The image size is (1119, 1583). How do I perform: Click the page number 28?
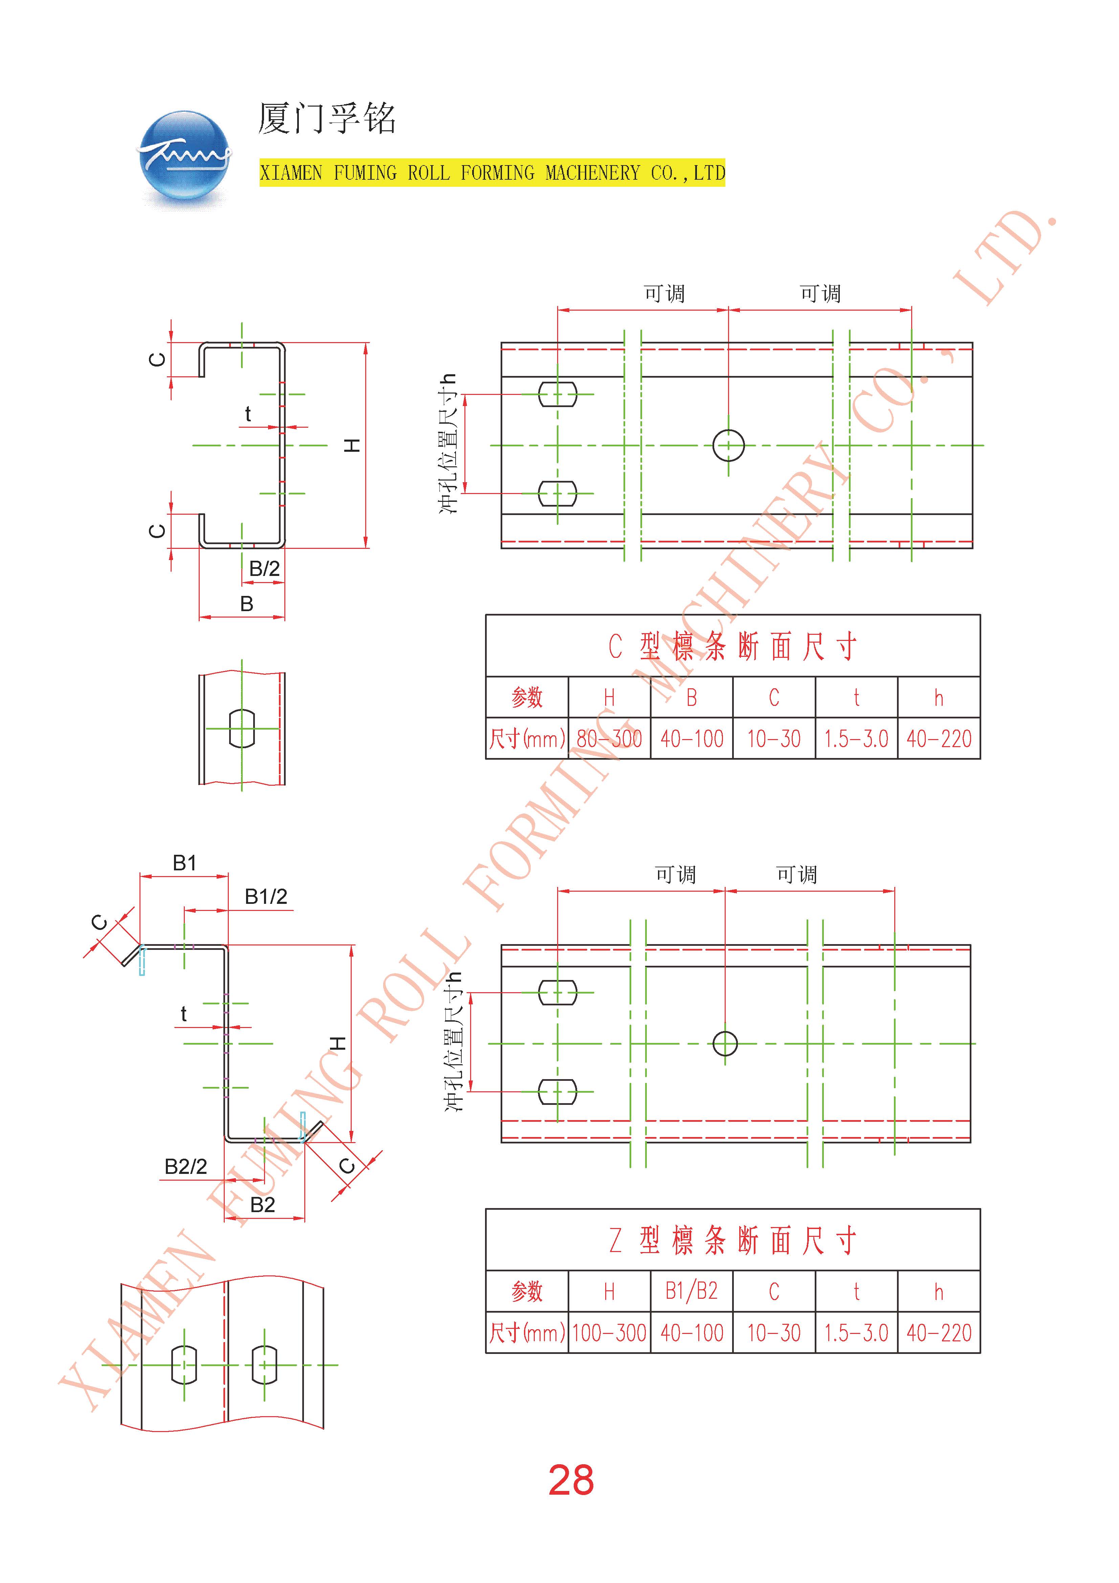coord(571,1479)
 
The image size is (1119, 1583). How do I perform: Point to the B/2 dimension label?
coord(264,569)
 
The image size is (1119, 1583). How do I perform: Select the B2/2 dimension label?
coord(185,1166)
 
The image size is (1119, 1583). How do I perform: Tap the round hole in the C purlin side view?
coord(728,445)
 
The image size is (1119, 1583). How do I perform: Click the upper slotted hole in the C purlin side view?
coord(557,394)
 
